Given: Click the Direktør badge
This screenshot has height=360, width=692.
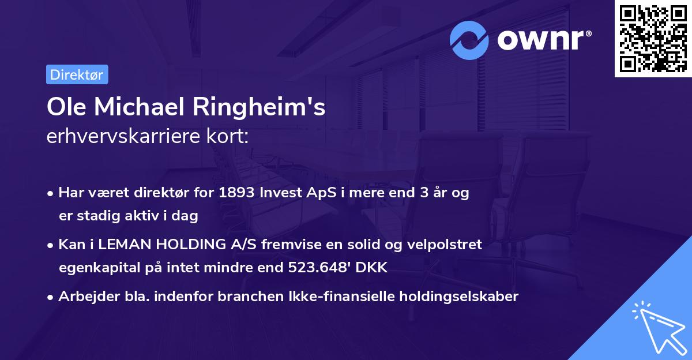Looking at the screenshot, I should tap(77, 75).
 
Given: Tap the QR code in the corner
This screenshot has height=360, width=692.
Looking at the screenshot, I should tap(653, 39).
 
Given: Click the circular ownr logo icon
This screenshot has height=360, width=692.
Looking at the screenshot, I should tap(469, 40).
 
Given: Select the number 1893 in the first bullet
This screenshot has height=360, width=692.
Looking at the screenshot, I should tap(237, 193).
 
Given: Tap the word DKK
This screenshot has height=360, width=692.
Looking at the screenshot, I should tap(373, 268).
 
